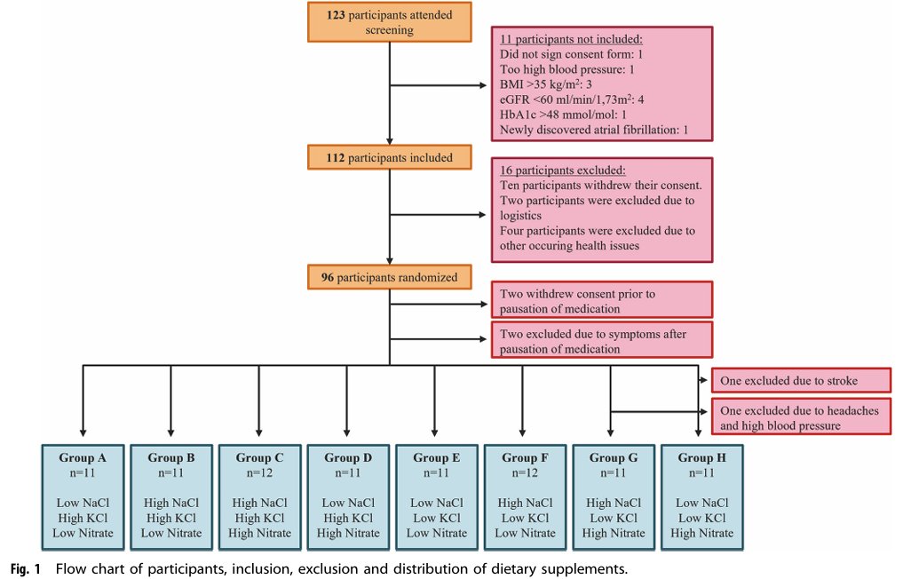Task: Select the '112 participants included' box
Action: point(391,158)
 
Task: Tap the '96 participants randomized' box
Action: point(391,277)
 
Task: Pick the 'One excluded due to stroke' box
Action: point(801,380)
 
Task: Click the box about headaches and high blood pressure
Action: point(801,416)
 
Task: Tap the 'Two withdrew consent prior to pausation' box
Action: point(601,299)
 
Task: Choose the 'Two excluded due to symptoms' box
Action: point(601,338)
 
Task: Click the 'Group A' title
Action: point(82,458)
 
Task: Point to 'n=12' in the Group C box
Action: point(259,472)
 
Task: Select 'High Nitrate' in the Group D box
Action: point(348,533)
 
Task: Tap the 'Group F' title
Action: point(525,458)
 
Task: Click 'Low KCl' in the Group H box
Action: point(702,518)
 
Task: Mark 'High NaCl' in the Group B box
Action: point(170,503)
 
